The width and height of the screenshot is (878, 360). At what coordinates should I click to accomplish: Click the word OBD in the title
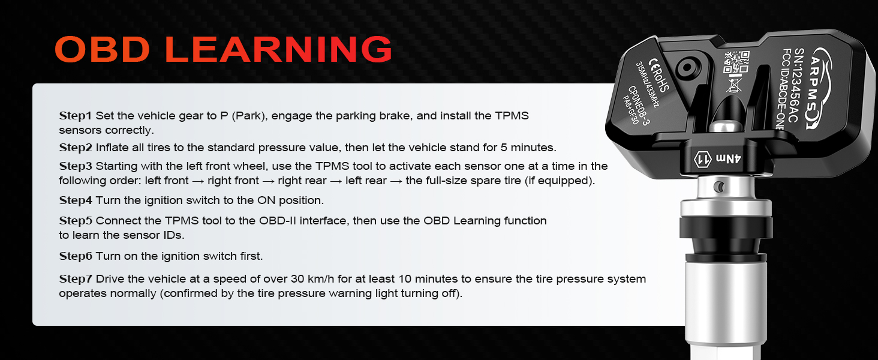point(102,49)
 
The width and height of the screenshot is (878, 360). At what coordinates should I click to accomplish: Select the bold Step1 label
point(76,115)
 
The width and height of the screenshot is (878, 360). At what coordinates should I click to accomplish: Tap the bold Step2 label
point(76,148)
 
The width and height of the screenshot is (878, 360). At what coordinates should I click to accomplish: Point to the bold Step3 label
point(76,166)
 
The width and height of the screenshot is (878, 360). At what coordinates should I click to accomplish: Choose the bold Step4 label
point(76,200)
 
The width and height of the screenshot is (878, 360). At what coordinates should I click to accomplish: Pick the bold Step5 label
point(76,221)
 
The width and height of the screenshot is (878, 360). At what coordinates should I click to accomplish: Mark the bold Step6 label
point(76,256)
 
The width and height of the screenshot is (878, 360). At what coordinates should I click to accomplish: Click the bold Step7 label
point(76,279)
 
